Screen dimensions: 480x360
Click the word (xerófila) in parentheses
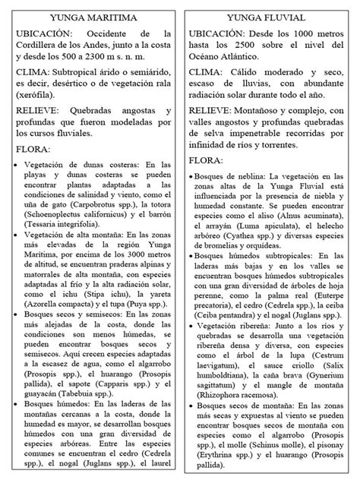[x=35, y=107]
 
